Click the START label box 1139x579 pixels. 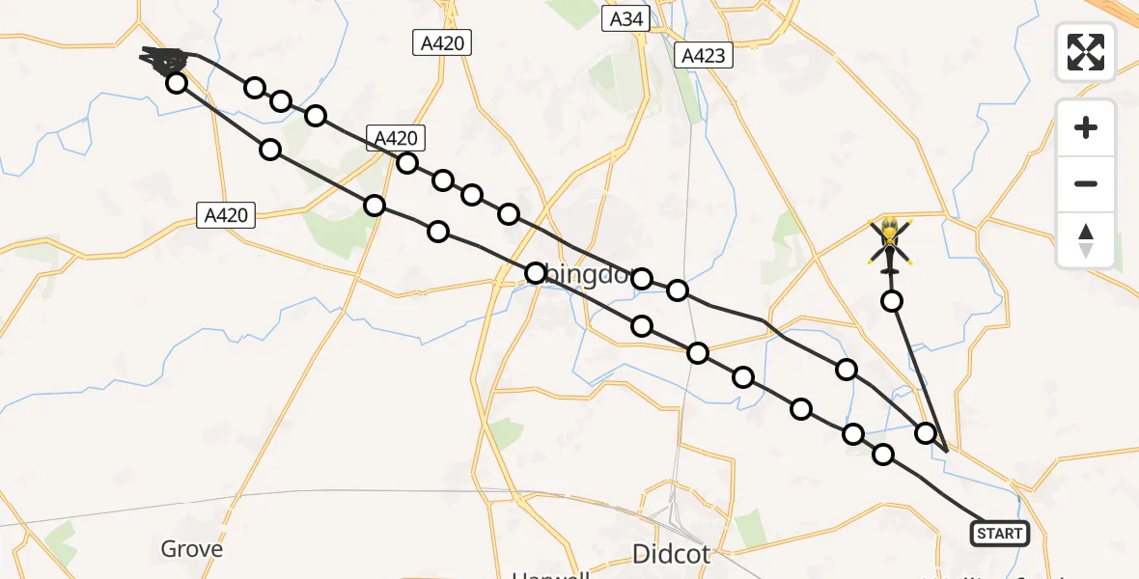click(999, 534)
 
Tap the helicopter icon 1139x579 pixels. click(889, 243)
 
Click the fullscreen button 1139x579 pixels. click(1086, 52)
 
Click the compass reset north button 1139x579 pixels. click(1086, 239)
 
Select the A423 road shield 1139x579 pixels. click(703, 56)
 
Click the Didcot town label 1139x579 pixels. click(671, 554)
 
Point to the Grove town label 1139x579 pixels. click(191, 549)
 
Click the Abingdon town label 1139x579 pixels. click(579, 275)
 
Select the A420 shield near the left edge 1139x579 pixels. click(227, 216)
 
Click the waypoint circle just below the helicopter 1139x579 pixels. click(893, 301)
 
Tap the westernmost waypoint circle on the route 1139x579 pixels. click(176, 83)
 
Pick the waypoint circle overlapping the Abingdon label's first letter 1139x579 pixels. click(535, 273)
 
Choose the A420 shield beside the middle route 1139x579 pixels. click(394, 138)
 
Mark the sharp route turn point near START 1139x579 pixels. click(947, 451)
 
